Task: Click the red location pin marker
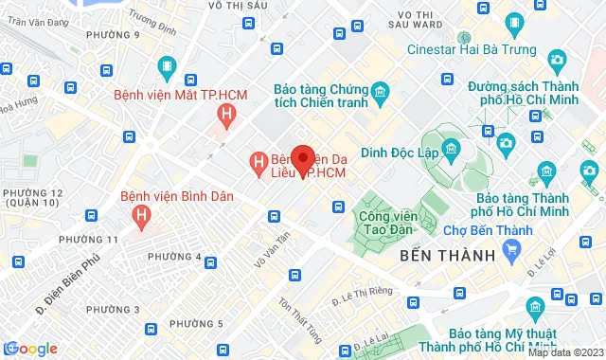click(x=303, y=159)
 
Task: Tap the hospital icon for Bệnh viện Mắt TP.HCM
click(x=225, y=117)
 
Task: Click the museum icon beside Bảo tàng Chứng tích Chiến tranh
click(x=380, y=92)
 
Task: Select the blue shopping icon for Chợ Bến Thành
click(x=512, y=251)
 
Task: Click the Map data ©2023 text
click(x=564, y=351)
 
